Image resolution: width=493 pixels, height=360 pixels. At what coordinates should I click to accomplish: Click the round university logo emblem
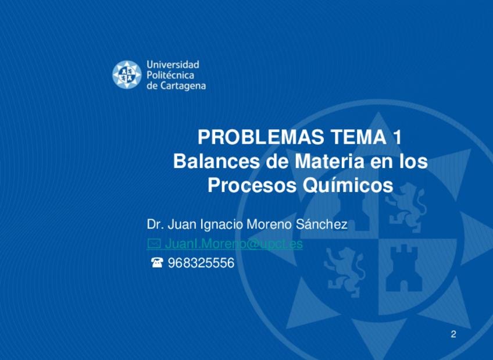[127, 74]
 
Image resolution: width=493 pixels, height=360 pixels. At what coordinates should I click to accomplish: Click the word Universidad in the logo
[173, 65]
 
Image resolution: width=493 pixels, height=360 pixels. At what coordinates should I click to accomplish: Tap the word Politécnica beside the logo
[170, 76]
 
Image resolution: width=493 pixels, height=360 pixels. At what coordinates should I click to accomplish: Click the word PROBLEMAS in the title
[260, 137]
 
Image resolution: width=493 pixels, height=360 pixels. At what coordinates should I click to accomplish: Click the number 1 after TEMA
[397, 137]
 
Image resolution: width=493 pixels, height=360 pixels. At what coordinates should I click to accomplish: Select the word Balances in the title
[217, 161]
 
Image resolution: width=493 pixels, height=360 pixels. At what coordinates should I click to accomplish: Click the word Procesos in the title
[252, 185]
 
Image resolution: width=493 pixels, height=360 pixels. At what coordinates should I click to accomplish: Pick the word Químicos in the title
[348, 185]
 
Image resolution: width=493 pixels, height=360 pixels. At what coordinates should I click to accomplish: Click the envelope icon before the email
[154, 243]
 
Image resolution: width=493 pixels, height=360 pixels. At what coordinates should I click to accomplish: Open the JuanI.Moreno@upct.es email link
[234, 244]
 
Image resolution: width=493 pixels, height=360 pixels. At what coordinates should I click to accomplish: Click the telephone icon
[157, 262]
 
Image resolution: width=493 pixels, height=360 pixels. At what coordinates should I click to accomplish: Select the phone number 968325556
[201, 263]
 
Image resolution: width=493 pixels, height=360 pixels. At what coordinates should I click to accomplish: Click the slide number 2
[453, 334]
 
